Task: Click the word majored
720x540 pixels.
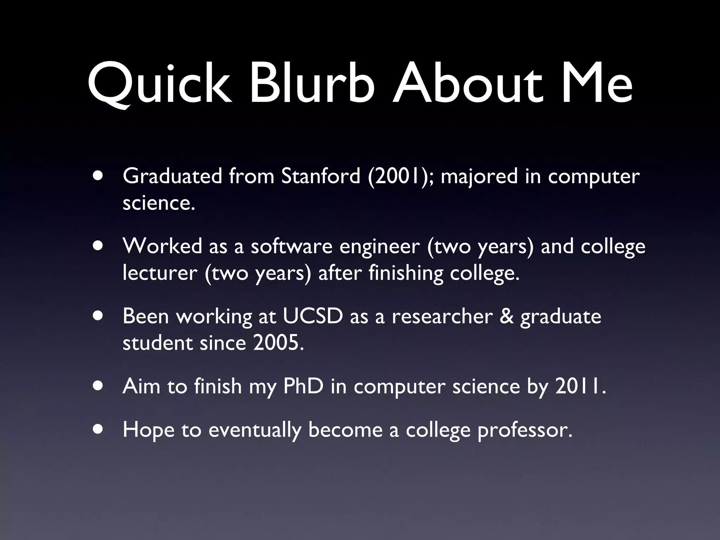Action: tap(479, 177)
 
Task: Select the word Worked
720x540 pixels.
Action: tap(162, 246)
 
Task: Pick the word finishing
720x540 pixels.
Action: tap(406, 274)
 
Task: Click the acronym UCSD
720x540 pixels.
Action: tap(313, 316)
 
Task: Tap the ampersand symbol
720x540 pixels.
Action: tap(507, 316)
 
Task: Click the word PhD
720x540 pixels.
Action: tap(303, 386)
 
